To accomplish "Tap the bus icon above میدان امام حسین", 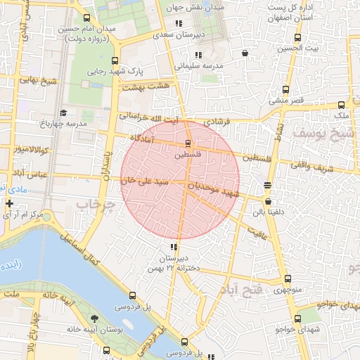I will click(86, 18).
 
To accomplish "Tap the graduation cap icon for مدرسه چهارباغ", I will click(63, 112).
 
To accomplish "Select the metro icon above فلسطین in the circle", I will click(186, 142).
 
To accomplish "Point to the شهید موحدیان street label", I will click(218, 188).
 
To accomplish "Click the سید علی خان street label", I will click(144, 181).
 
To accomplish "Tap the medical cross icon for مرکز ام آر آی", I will click(8, 203).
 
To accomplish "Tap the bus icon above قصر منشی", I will click(285, 90).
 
